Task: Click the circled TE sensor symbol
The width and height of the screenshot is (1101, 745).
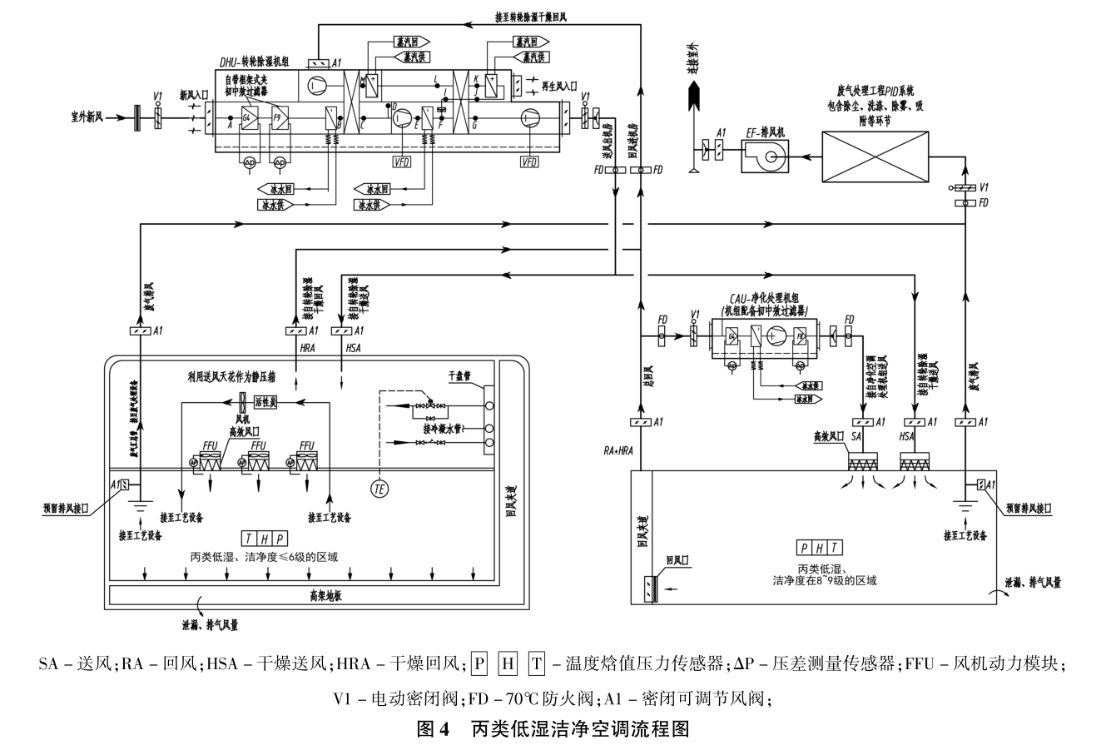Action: click(x=379, y=489)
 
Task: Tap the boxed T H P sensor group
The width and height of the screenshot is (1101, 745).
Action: click(x=264, y=539)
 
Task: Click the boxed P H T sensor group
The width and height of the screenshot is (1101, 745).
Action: click(x=819, y=548)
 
